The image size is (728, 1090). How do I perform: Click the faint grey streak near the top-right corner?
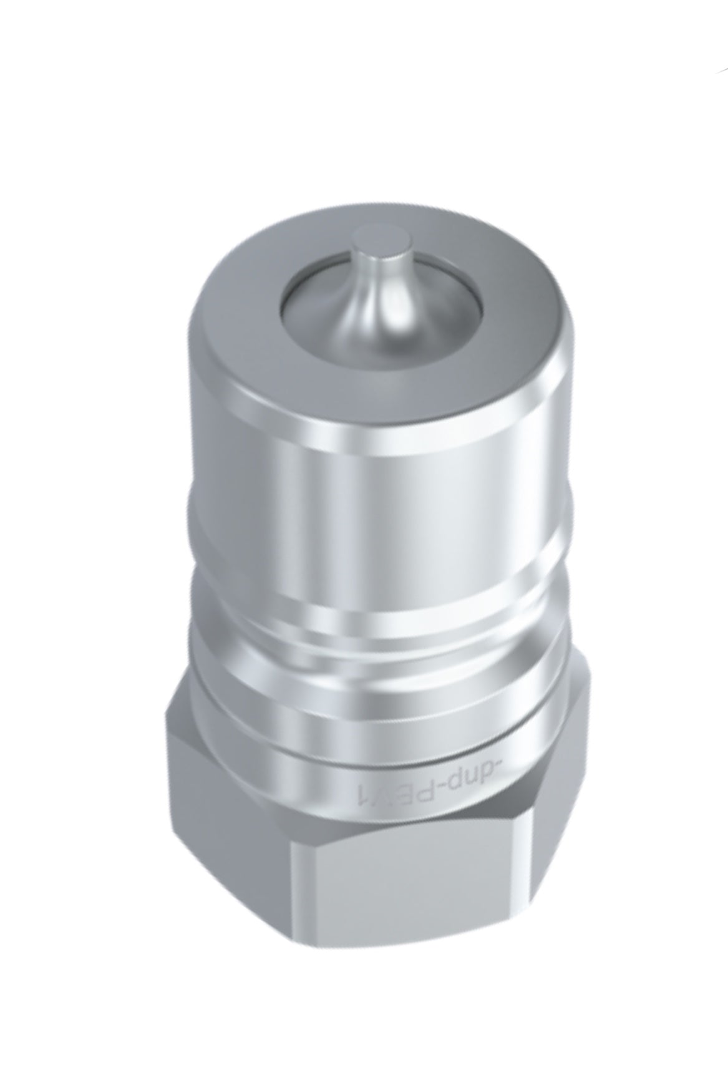pyautogui.click(x=722, y=67)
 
